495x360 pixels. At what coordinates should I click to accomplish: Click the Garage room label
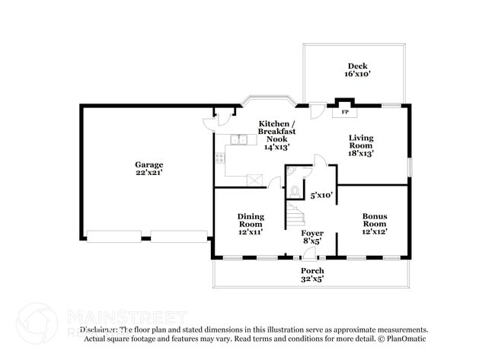(149, 164)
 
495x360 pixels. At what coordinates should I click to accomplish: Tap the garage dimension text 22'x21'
(149, 173)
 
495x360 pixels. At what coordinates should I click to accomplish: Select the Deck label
(358, 66)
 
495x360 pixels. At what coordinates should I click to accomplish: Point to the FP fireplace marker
(345, 112)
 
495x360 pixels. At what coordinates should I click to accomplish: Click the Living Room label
(361, 142)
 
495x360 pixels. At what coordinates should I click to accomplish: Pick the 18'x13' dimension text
(361, 153)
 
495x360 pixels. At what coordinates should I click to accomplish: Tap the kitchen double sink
(239, 139)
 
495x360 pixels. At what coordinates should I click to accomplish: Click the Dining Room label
(250, 220)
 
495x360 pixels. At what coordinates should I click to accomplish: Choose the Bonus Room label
(375, 220)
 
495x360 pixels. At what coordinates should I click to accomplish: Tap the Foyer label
(312, 233)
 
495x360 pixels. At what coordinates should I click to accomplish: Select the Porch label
(312, 271)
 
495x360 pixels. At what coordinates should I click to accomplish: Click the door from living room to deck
(316, 110)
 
